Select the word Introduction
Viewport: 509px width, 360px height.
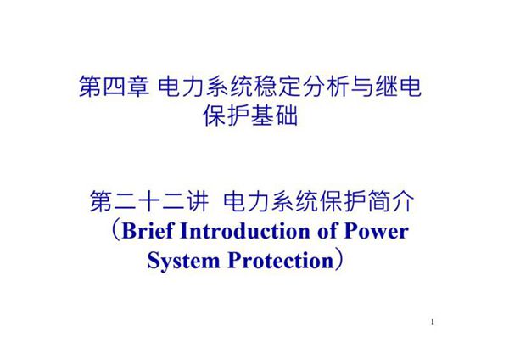[248, 231]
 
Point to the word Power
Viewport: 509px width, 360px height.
[378, 231]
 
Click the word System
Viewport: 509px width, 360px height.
[176, 259]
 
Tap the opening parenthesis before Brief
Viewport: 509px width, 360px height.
[114, 231]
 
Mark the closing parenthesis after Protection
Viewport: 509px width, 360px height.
[338, 259]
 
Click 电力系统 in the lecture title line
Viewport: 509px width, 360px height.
[269, 202]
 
